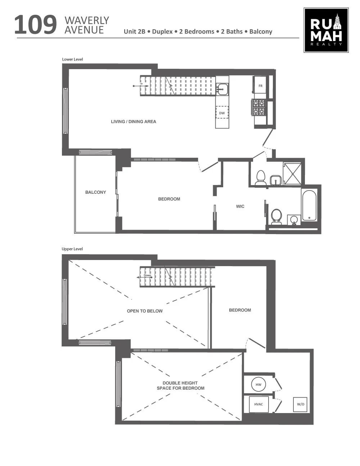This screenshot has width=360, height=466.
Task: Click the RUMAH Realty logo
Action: point(326,30)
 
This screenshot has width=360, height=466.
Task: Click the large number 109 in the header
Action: point(36,25)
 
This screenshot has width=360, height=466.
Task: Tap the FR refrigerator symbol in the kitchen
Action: point(260,86)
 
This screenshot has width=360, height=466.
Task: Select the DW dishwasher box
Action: point(222,113)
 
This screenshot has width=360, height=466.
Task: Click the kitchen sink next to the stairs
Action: point(222,89)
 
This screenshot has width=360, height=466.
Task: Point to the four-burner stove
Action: point(259,107)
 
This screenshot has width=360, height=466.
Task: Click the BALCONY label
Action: point(95,192)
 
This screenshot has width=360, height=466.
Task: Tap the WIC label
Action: point(240,206)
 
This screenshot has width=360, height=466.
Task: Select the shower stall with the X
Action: point(292,174)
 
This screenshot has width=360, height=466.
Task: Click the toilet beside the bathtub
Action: point(276,216)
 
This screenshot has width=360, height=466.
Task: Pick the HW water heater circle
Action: point(258,385)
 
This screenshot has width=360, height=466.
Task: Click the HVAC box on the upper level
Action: point(258,404)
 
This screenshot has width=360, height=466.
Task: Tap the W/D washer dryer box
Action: point(301,404)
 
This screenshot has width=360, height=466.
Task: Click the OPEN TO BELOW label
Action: point(145,311)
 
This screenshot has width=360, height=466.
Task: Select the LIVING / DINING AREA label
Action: point(134,122)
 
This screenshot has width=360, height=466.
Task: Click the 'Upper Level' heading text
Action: point(72,249)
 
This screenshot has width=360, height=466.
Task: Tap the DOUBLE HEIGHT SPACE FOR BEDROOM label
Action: point(180,386)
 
